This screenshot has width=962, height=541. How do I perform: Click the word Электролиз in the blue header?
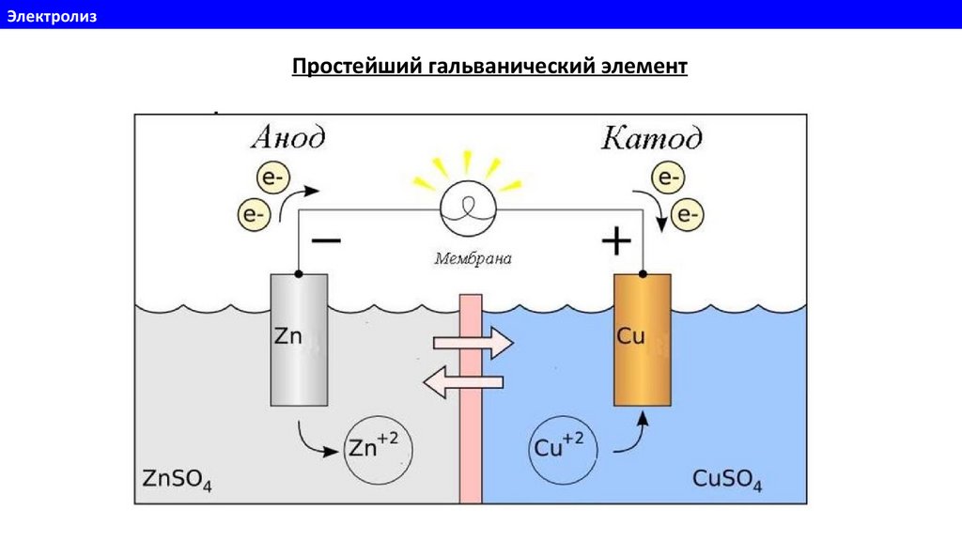pyautogui.click(x=53, y=14)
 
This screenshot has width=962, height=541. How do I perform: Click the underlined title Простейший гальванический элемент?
pyautogui.click(x=489, y=68)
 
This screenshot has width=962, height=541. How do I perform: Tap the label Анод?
pyautogui.click(x=288, y=138)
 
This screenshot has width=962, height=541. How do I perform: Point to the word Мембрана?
pyautogui.click(x=473, y=257)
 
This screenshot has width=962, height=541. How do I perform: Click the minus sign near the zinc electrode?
pyautogui.click(x=326, y=241)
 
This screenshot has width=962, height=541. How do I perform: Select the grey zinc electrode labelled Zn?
pyautogui.click(x=299, y=339)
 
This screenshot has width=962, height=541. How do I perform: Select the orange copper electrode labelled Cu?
pyautogui.click(x=642, y=339)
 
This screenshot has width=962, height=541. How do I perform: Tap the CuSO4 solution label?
pyautogui.click(x=726, y=478)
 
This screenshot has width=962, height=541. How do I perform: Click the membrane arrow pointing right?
pyautogui.click(x=473, y=343)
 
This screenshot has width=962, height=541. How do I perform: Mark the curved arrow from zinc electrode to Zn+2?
pyautogui.click(x=314, y=441)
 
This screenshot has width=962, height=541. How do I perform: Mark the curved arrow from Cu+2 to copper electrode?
pyautogui.click(x=631, y=436)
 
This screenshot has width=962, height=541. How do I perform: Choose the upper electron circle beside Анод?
pyautogui.click(x=272, y=178)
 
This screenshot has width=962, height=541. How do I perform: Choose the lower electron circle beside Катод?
pyautogui.click(x=688, y=217)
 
